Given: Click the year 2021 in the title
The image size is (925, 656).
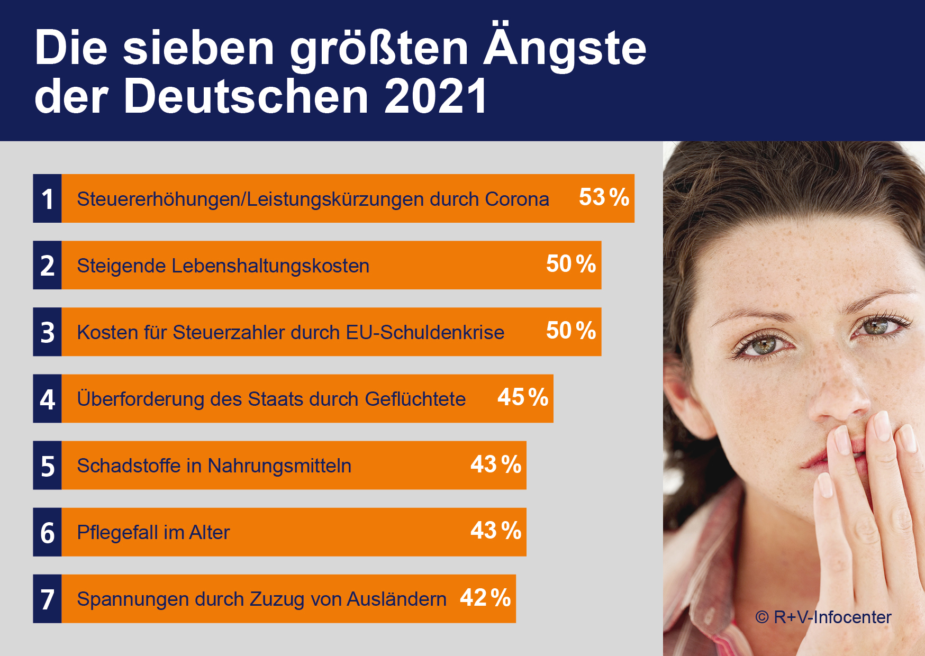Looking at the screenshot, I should point(435,96).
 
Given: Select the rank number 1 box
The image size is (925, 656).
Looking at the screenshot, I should point(48,199).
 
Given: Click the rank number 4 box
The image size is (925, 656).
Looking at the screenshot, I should point(48,399).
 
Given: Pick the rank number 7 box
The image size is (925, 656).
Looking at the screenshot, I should point(48,599).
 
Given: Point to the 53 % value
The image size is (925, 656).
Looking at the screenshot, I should point(604,197).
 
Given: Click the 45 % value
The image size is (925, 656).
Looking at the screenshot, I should point(523,397).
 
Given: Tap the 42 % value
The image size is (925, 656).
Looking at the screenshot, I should point(485,597).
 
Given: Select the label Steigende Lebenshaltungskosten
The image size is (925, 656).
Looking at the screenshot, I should point(223,266).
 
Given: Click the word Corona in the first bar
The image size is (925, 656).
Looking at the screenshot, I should point(517,199).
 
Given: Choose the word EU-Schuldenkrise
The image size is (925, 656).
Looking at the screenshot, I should point(425,332).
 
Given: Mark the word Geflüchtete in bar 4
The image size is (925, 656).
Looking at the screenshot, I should point(415,399).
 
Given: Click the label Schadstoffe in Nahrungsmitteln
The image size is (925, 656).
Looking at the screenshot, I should point(214,466).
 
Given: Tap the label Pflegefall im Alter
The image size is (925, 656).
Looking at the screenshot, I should point(153,532).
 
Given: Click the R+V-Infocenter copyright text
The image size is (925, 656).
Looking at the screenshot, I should point(823,617).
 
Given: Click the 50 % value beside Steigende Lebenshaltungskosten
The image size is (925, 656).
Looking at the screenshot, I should point(571,264).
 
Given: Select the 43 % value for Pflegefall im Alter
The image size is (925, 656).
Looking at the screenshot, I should point(496,531).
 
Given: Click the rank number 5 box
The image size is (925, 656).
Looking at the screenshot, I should point(48,466).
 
